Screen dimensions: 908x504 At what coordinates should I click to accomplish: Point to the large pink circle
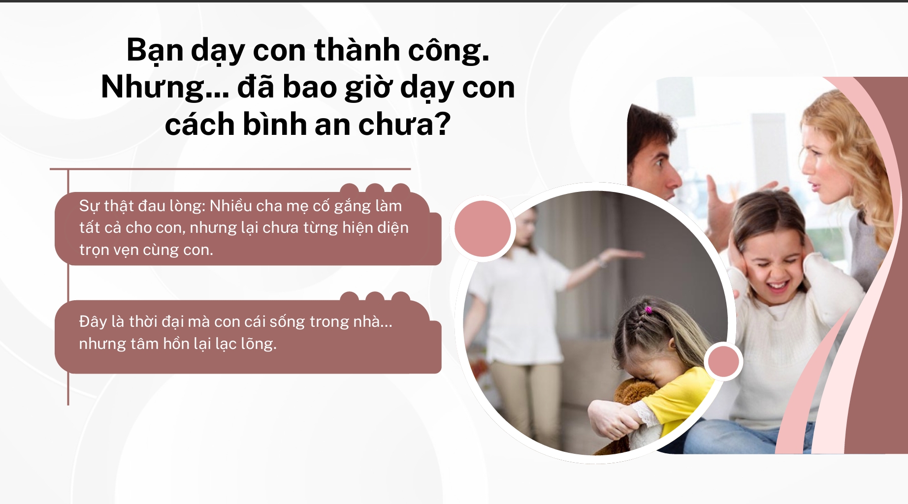pos(483,228)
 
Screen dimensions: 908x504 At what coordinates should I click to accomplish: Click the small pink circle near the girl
pos(723,362)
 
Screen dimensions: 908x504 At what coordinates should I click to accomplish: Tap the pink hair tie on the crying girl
pos(649,310)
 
